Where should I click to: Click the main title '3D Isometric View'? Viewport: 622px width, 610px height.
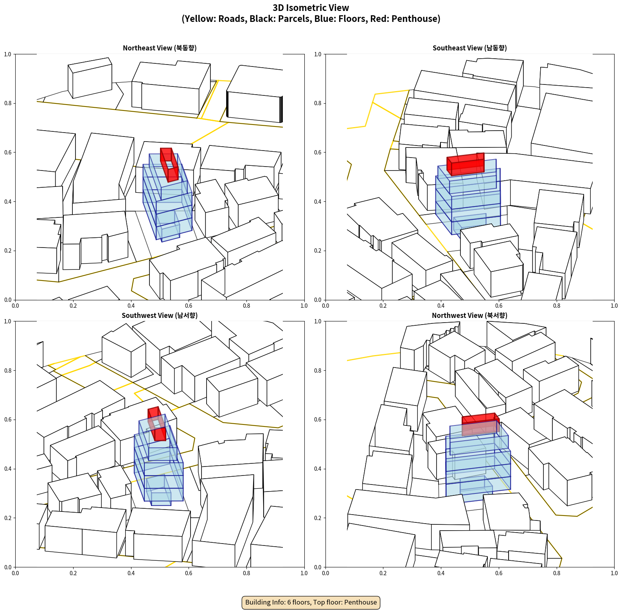(x=311, y=8)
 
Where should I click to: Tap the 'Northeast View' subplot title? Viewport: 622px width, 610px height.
(x=160, y=48)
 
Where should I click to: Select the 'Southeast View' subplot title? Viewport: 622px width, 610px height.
(x=470, y=48)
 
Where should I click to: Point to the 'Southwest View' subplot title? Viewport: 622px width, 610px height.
(x=160, y=316)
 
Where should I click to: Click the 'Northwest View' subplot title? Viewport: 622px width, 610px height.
(x=470, y=316)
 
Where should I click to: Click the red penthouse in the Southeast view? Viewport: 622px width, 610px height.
(x=466, y=164)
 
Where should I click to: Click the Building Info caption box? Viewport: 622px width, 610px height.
(x=311, y=602)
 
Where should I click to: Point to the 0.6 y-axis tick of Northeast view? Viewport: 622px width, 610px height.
(x=8, y=152)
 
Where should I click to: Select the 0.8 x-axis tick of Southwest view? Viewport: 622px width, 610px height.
(x=246, y=573)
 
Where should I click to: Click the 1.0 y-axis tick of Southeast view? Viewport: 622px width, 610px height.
(x=318, y=54)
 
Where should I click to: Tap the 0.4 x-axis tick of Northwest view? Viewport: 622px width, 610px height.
(x=441, y=573)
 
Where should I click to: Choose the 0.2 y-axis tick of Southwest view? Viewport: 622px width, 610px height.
(x=8, y=518)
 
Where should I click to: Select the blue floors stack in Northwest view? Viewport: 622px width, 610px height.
(x=478, y=461)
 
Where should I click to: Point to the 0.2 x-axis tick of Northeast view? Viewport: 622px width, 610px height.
(x=73, y=306)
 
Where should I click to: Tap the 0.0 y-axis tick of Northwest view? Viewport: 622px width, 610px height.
(x=318, y=567)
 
